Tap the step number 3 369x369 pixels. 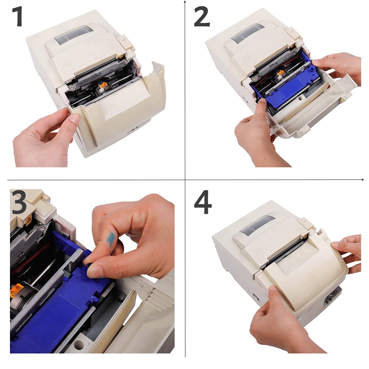point(19,202)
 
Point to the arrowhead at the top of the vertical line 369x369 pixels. point(185,3)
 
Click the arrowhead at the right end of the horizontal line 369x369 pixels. point(363,180)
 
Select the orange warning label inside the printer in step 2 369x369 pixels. point(280,74)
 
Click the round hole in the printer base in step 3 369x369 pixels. point(79,346)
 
